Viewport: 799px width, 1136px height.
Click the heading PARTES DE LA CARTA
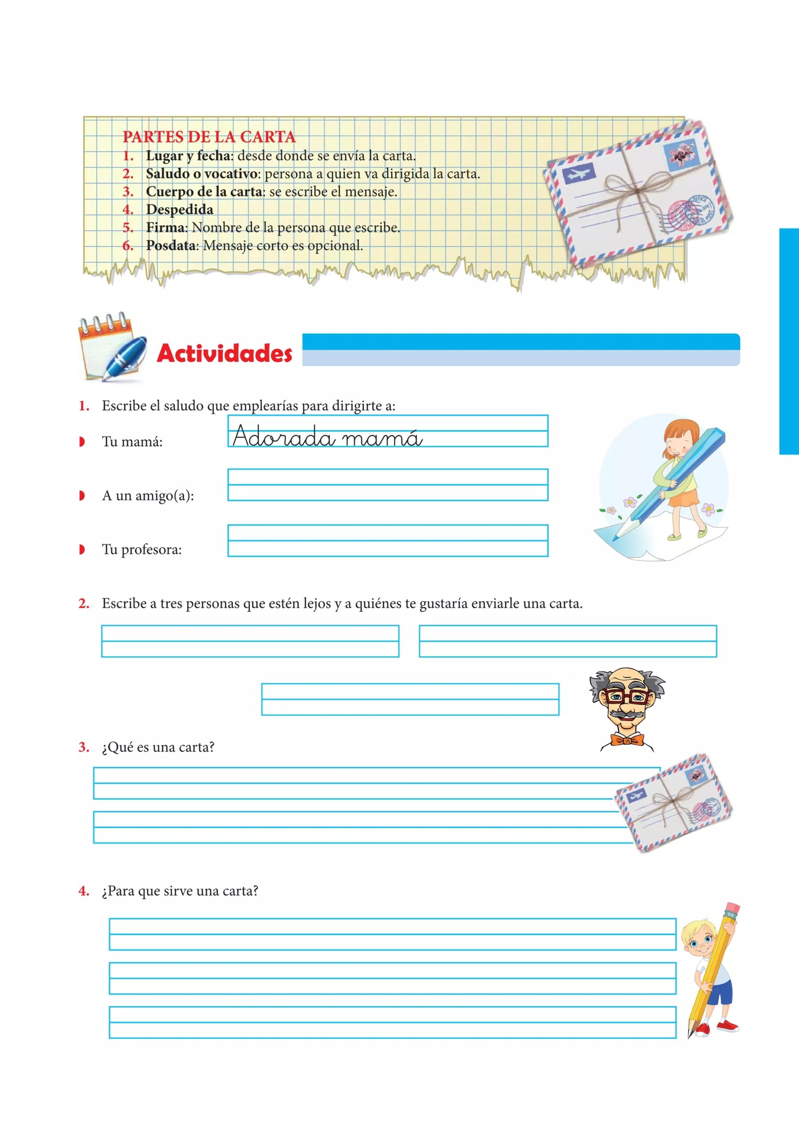pos(209,137)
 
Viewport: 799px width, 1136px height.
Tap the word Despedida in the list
pos(180,209)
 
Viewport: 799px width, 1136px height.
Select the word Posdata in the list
pos(171,245)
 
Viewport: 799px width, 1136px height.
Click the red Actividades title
pos(224,353)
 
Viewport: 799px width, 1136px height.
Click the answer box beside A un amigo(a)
pos(387,485)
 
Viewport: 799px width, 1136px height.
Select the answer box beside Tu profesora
pos(387,540)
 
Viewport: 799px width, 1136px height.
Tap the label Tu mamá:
pos(132,442)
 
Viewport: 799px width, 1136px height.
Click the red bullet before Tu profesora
pos(82,549)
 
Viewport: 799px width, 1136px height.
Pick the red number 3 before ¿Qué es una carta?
pos(83,747)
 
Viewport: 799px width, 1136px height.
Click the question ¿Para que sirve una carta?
pos(180,891)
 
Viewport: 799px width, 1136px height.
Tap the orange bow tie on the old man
pos(627,740)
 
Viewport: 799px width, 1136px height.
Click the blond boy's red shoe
pos(727,1025)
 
